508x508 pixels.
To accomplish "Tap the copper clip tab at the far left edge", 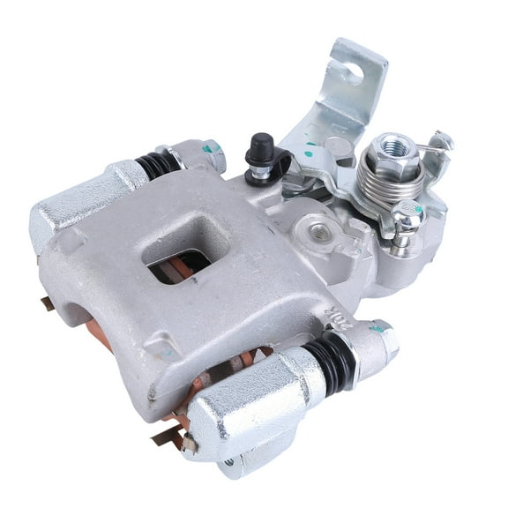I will tap(46, 305).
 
